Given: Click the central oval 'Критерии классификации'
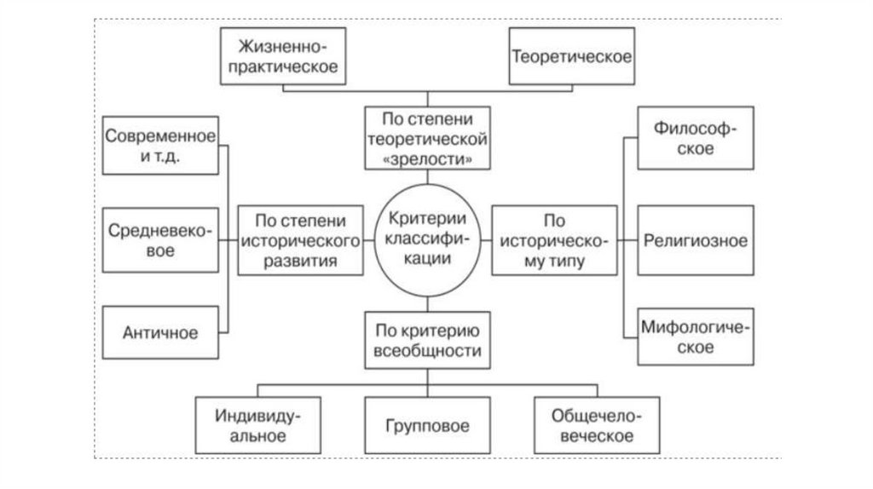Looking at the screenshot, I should click(x=424, y=240).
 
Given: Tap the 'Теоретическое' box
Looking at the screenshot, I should click(x=571, y=56).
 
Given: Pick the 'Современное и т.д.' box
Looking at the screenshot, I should click(x=160, y=145).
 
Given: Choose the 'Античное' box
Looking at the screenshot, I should click(x=160, y=333).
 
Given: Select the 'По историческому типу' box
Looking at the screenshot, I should click(x=554, y=240).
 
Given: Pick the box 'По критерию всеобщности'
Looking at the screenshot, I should click(x=424, y=340).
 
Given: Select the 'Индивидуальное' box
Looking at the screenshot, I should click(x=251, y=425).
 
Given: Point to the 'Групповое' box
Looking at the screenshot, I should click(x=424, y=425).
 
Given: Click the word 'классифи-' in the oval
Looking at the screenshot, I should click(x=424, y=240).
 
